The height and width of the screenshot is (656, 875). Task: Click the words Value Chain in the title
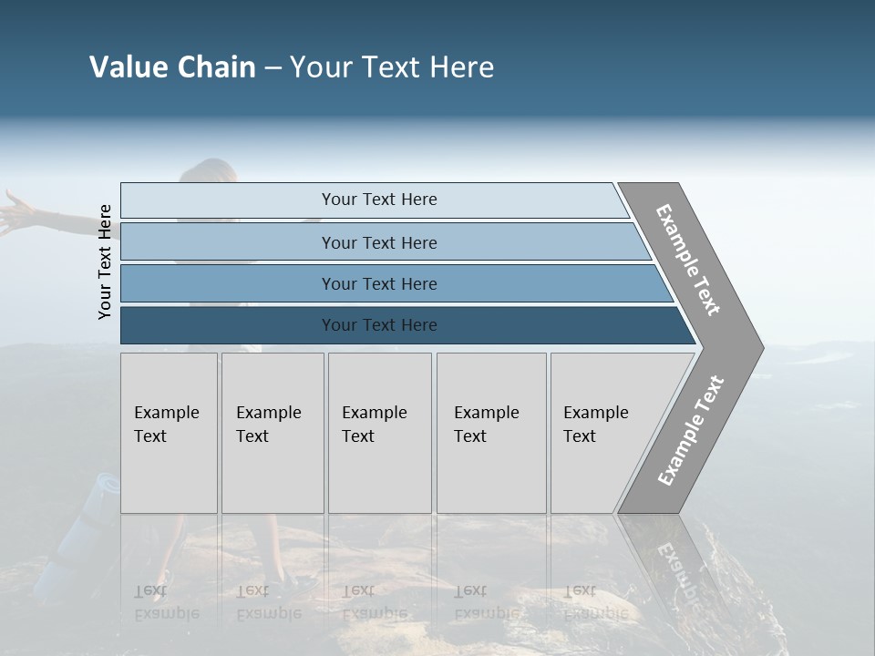pos(172,67)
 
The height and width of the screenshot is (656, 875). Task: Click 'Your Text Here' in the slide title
pos(392,67)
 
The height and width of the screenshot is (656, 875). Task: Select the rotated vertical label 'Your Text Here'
pos(105,261)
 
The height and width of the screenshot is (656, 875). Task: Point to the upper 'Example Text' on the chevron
pos(688,260)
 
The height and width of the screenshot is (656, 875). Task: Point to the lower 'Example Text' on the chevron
pos(690,431)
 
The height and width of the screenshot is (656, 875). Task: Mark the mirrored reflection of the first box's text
pos(166,602)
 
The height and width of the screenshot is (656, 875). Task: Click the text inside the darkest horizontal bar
pos(379,325)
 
